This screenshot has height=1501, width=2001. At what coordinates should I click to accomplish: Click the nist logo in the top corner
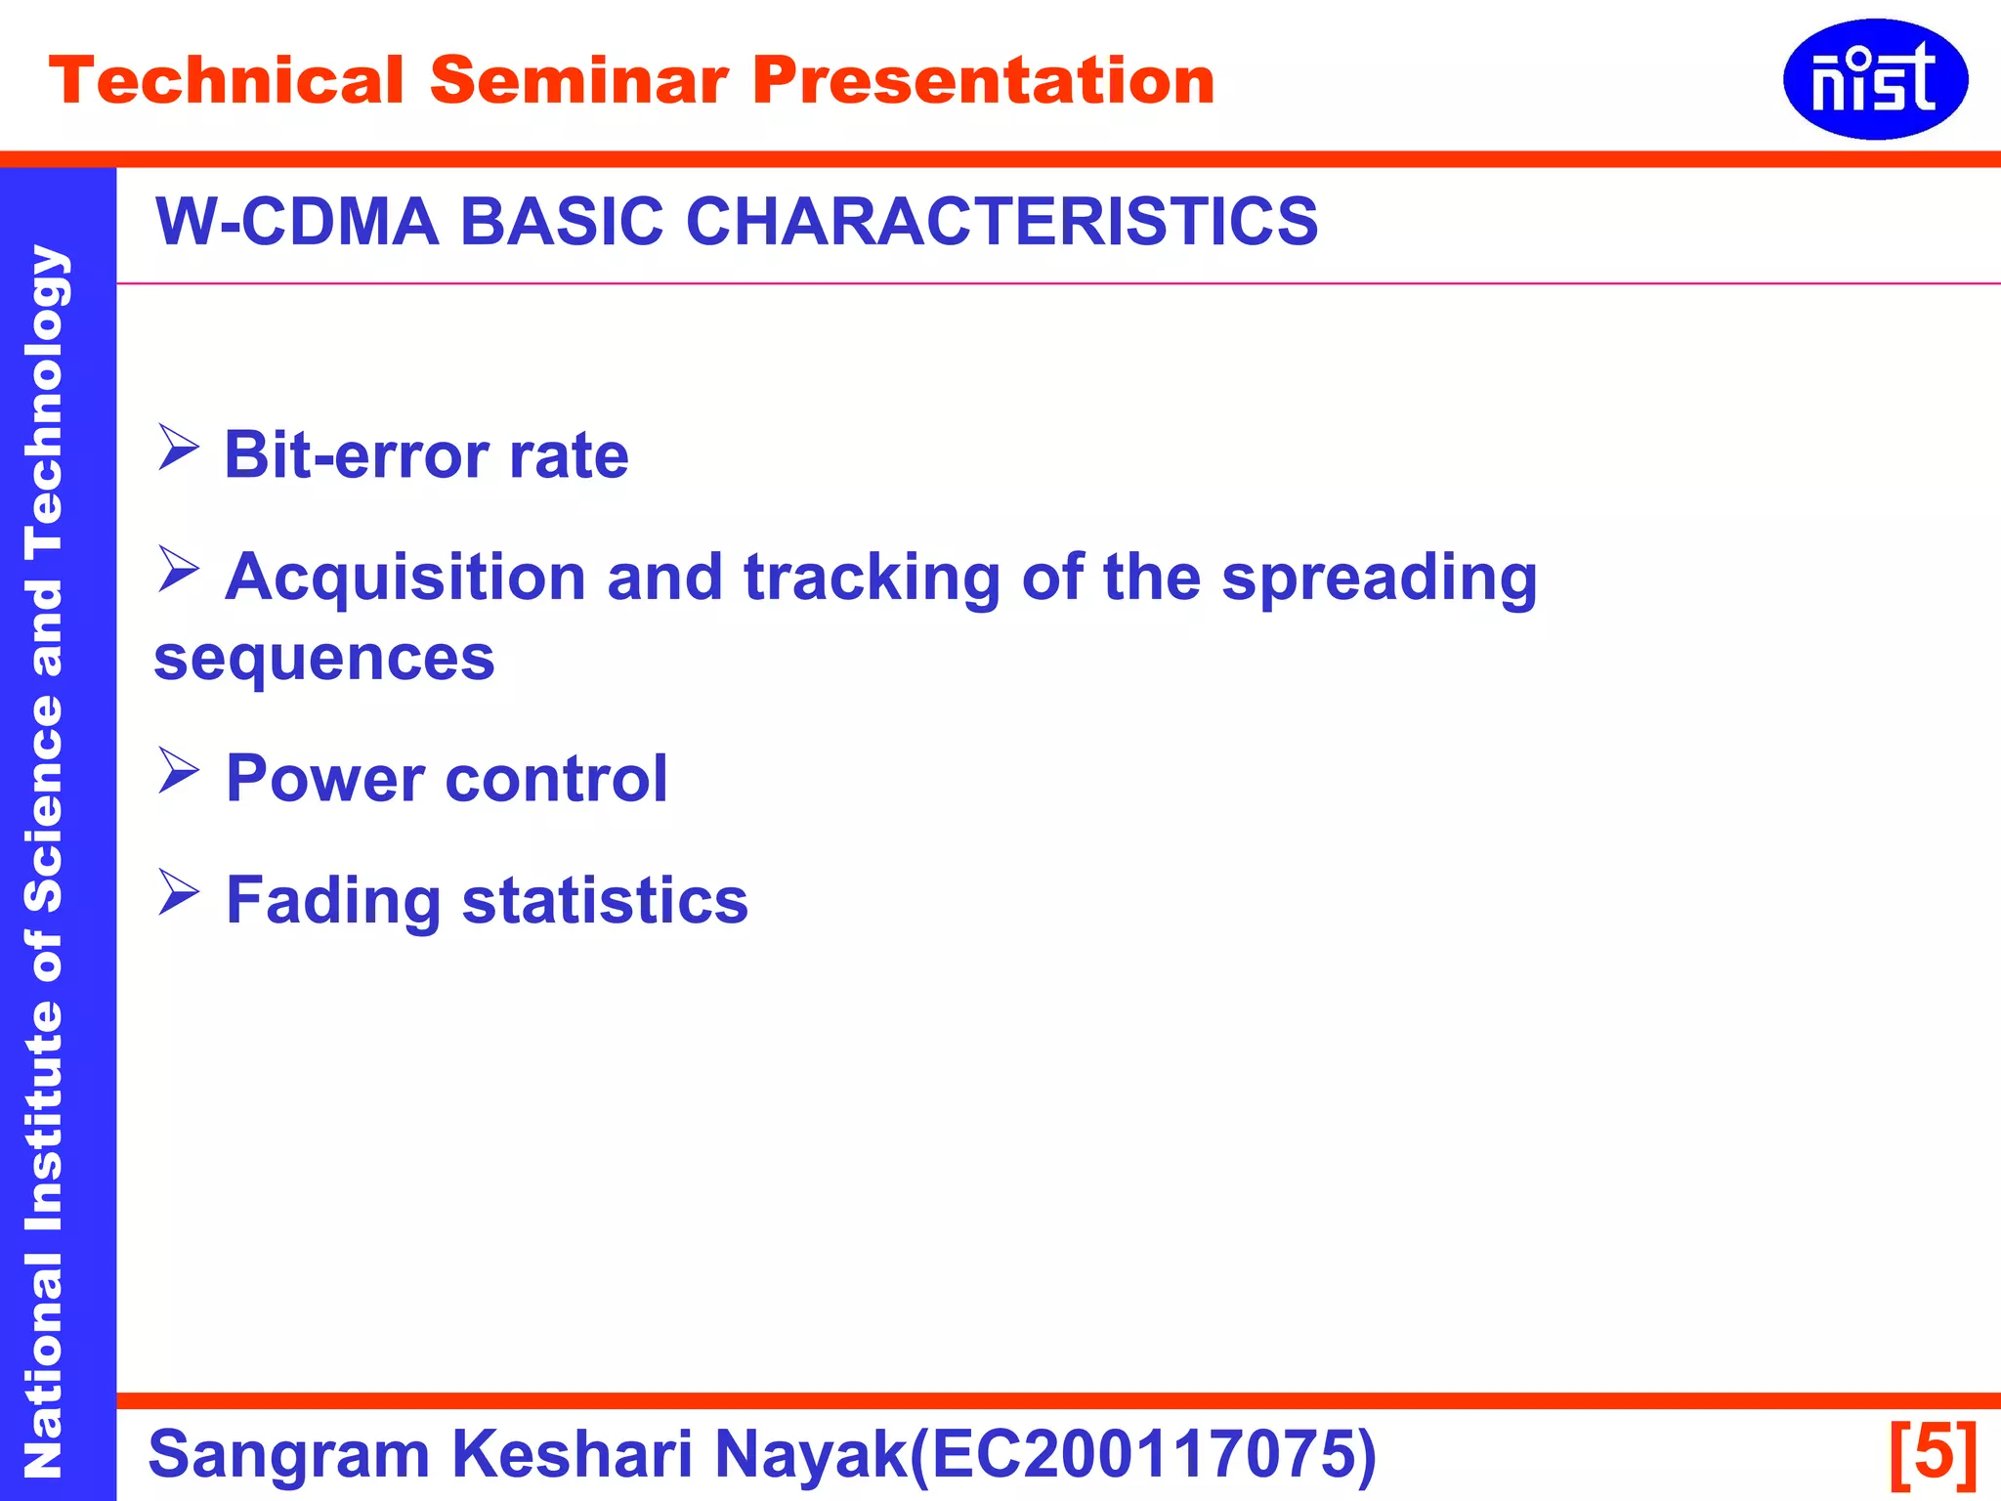[x=1874, y=79]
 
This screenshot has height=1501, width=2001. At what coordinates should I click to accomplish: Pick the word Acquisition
[x=405, y=579]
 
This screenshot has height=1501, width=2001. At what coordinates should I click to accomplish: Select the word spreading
[x=1380, y=579]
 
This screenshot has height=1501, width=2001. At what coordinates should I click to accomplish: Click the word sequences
[x=324, y=659]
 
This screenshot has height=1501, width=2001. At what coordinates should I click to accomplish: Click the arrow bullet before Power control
[x=178, y=771]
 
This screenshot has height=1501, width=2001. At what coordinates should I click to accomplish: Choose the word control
[x=556, y=779]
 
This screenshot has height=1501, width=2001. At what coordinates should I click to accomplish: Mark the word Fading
[x=333, y=901]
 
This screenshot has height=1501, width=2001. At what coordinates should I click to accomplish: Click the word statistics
[x=605, y=901]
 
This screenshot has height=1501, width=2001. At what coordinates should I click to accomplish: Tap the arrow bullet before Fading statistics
[x=178, y=893]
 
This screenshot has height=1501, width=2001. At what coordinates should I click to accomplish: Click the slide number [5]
[x=1933, y=1454]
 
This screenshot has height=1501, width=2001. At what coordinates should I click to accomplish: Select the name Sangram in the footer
[x=288, y=1454]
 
